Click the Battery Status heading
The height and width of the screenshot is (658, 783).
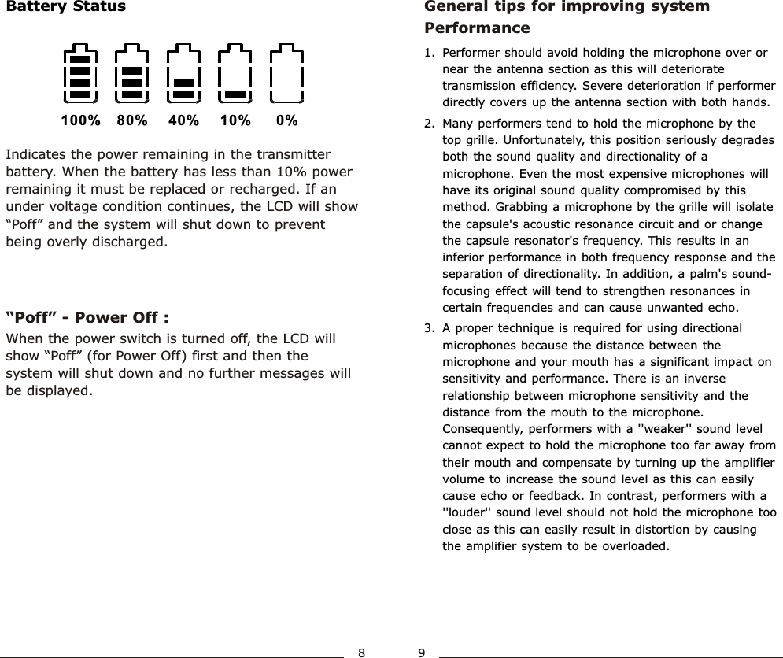[65, 7]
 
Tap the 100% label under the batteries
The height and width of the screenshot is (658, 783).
[81, 121]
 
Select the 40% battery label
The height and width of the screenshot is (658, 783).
[183, 121]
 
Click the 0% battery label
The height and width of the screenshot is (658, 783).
[287, 121]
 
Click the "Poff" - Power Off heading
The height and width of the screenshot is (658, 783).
[87, 318]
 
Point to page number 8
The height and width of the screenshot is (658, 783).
[361, 652]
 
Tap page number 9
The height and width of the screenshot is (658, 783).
[422, 652]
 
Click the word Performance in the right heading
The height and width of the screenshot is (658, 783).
[477, 28]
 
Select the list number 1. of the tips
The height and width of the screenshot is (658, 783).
[429, 54]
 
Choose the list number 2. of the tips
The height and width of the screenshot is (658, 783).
[429, 124]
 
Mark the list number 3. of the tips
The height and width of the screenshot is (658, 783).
[429, 328]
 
